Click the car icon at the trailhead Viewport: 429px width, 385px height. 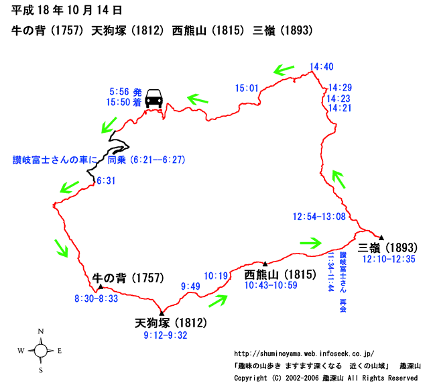(x=154, y=98)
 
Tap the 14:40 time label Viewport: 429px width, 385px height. (x=322, y=66)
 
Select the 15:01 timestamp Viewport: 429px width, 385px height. (x=247, y=88)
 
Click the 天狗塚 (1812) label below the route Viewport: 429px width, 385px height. (x=171, y=323)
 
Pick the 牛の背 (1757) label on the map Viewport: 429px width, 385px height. (x=127, y=277)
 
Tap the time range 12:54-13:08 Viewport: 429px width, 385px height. (x=319, y=217)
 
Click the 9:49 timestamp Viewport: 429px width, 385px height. (x=190, y=287)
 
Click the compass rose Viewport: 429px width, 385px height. (x=40, y=350)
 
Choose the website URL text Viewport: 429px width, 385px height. (x=304, y=353)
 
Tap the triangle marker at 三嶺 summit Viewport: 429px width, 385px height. (x=381, y=237)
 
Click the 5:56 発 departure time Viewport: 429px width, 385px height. (x=125, y=91)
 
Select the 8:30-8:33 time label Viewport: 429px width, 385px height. (x=97, y=298)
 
